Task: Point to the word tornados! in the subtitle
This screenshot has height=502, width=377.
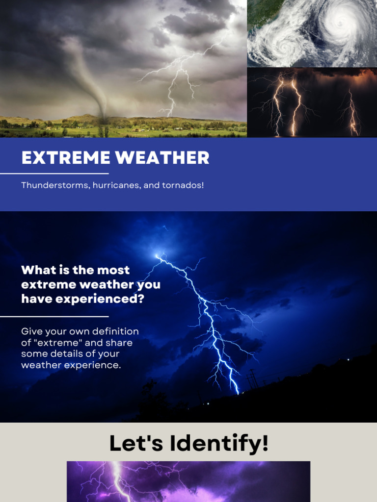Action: [x=183, y=186]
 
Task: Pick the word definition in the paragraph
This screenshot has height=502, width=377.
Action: [x=116, y=331]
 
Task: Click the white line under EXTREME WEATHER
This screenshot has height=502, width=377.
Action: [x=54, y=174]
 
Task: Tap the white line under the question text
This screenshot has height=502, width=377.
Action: [x=54, y=317]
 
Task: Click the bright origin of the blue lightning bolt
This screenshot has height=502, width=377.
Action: [x=158, y=255]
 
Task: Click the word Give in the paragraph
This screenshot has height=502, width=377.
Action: [x=32, y=331]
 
